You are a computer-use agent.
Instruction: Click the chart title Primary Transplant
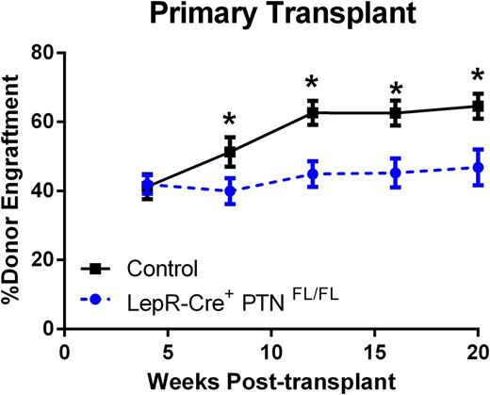[x=271, y=16]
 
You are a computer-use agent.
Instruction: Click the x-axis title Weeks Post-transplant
[x=271, y=382]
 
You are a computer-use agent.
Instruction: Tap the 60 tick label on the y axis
[x=41, y=122]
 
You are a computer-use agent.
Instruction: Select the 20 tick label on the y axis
[x=41, y=259]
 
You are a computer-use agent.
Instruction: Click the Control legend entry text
[x=166, y=269]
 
